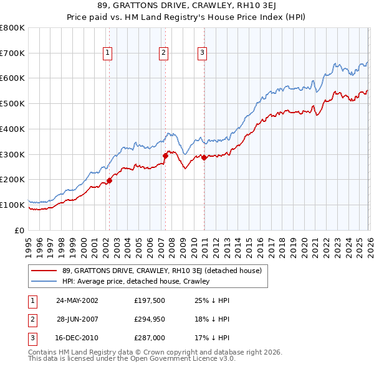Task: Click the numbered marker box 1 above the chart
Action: click(108, 53)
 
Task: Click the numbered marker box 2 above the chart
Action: click(163, 53)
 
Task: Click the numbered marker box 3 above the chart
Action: click(203, 53)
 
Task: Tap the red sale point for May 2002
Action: click(109, 180)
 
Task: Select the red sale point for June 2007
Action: click(165, 156)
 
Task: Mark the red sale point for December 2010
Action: click(204, 157)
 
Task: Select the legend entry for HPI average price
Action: click(135, 282)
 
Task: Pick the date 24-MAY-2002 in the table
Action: click(77, 300)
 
